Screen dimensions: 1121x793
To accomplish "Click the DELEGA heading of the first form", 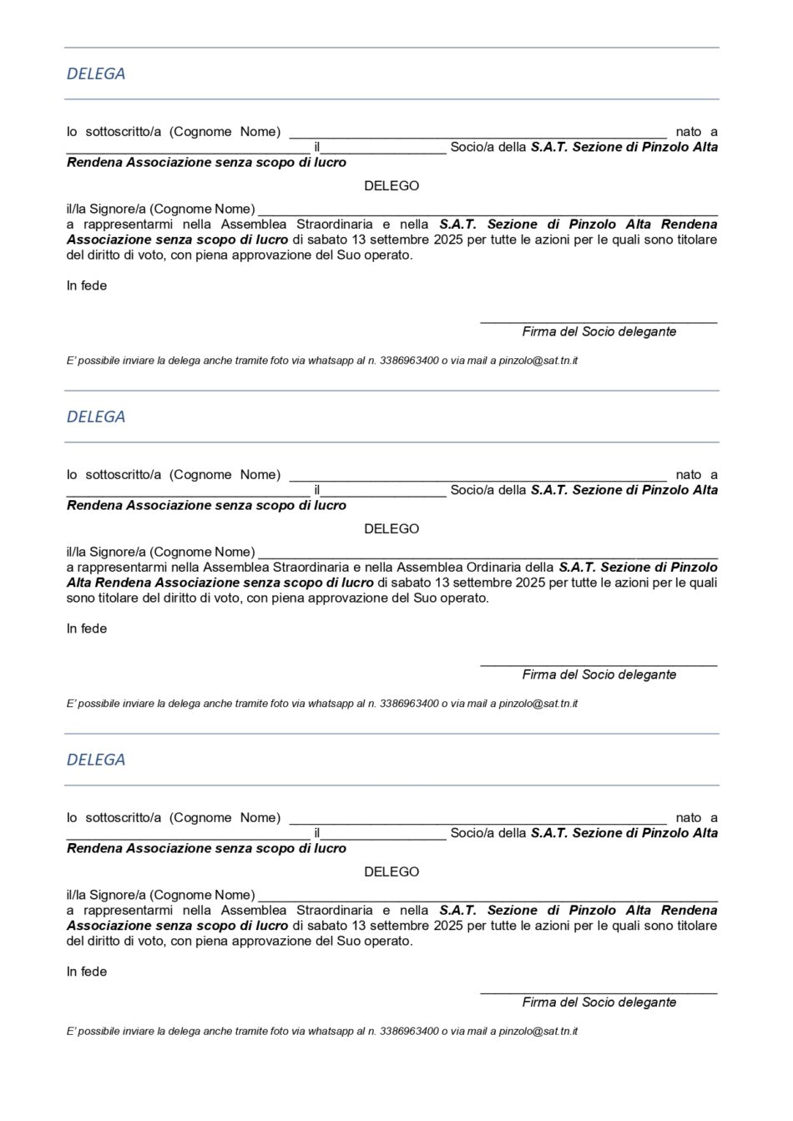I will [96, 73].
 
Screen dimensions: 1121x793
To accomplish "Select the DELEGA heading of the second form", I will [96, 417].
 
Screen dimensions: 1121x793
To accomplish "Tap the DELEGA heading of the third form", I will [96, 760].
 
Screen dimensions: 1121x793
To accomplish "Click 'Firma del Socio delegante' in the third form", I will [599, 1002].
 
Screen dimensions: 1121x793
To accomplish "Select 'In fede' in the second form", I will [87, 629].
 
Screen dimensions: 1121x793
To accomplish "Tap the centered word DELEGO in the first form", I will [391, 186].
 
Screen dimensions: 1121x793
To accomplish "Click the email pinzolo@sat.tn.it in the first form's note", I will [538, 361].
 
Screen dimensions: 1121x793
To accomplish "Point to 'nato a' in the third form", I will [696, 818].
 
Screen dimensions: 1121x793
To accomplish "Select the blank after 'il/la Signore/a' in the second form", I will [488, 554].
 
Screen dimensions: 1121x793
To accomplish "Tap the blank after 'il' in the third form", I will [384, 836].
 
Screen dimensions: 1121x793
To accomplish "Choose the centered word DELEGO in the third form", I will [391, 871].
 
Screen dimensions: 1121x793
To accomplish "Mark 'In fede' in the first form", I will [87, 285].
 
